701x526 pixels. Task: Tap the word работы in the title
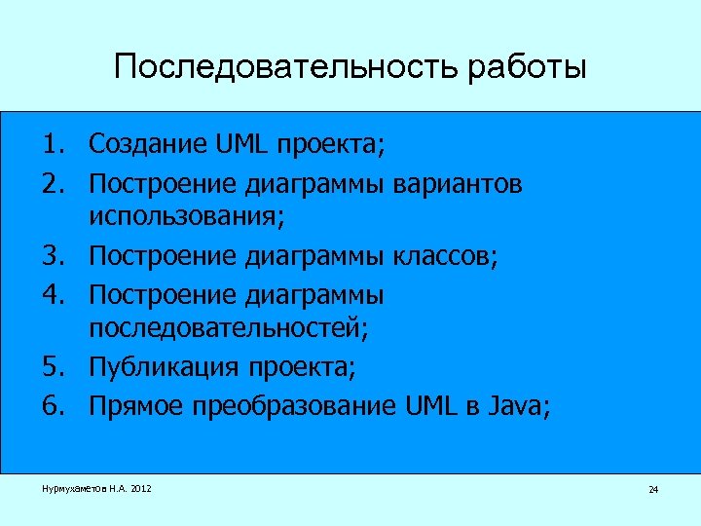click(528, 68)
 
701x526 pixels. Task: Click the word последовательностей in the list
click(227, 331)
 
